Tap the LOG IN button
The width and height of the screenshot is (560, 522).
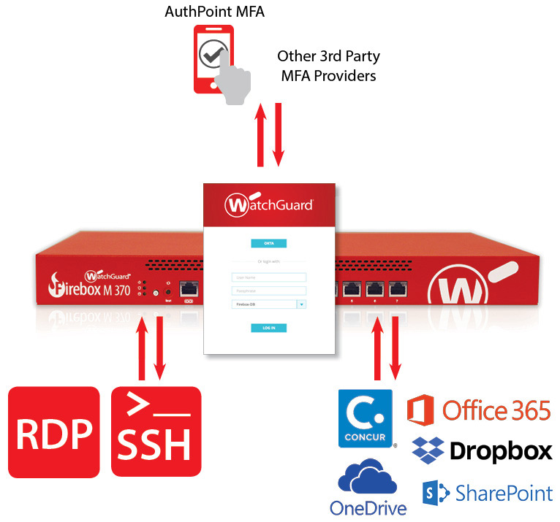268,329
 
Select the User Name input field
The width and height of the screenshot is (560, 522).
268,277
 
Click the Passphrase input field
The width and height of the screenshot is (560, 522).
268,291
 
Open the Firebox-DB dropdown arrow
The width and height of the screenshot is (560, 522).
300,304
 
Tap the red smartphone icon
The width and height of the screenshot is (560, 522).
213,58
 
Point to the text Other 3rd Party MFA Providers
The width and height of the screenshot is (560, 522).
328,65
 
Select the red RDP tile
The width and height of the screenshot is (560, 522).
54,432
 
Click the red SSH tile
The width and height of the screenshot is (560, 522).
155,432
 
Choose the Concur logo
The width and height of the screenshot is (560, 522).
365,418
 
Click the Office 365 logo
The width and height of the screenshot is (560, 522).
479,410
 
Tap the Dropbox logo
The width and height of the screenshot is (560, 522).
483,451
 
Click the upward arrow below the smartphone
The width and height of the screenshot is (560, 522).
260,135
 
